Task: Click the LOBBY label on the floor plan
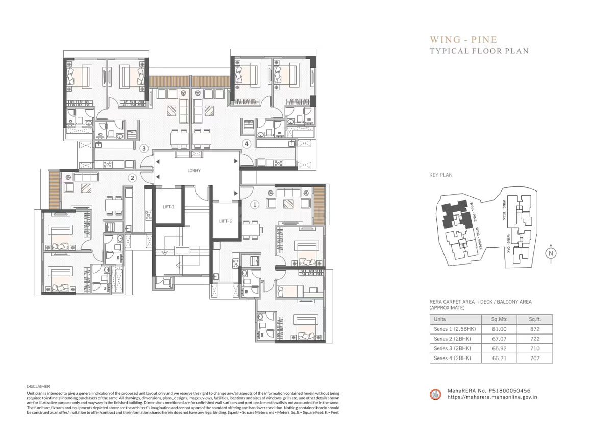click(x=194, y=171)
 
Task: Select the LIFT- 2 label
click(x=226, y=221)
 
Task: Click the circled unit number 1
click(x=255, y=205)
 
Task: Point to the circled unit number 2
click(x=132, y=178)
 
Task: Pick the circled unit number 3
click(x=144, y=149)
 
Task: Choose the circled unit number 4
click(x=246, y=144)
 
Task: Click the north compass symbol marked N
click(x=551, y=253)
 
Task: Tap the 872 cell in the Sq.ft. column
click(x=534, y=329)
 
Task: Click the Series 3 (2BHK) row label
click(x=452, y=348)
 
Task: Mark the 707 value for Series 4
click(x=534, y=358)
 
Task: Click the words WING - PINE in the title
click(x=463, y=39)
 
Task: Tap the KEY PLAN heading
click(x=441, y=175)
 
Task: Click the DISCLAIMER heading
click(x=38, y=387)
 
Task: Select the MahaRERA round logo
click(x=436, y=394)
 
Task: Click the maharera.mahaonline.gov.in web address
click(x=492, y=397)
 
